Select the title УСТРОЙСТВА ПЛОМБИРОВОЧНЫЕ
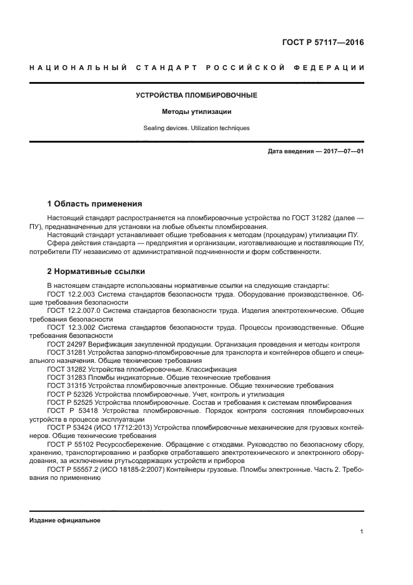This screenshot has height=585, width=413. pos(197,96)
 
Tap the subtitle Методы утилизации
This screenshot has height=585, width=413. pos(197,112)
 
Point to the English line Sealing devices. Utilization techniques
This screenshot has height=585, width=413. pos(197,128)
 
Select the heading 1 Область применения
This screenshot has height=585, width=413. pos(95,204)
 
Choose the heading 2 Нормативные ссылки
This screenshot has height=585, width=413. pos(96,272)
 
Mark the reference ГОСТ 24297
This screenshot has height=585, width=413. pos(65,344)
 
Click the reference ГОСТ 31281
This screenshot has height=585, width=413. pos(65,353)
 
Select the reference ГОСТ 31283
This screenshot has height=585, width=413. pos(65,378)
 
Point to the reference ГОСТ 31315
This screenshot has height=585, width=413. pos(65,386)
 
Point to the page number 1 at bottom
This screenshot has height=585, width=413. pos(362,532)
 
